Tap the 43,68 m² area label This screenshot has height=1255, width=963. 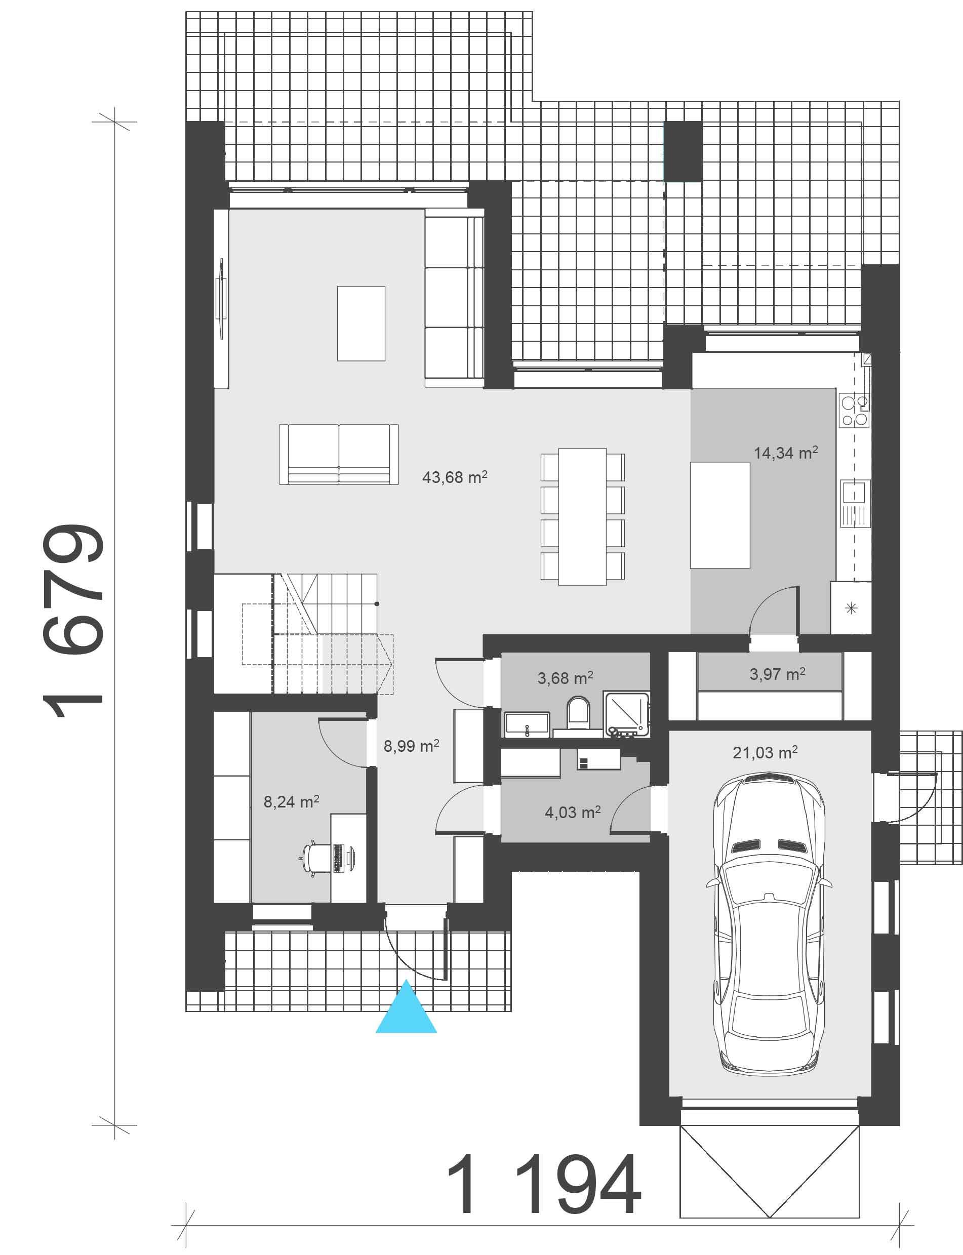(x=455, y=476)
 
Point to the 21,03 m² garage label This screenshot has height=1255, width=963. (x=765, y=752)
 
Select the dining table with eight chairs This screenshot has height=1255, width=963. (x=582, y=517)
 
